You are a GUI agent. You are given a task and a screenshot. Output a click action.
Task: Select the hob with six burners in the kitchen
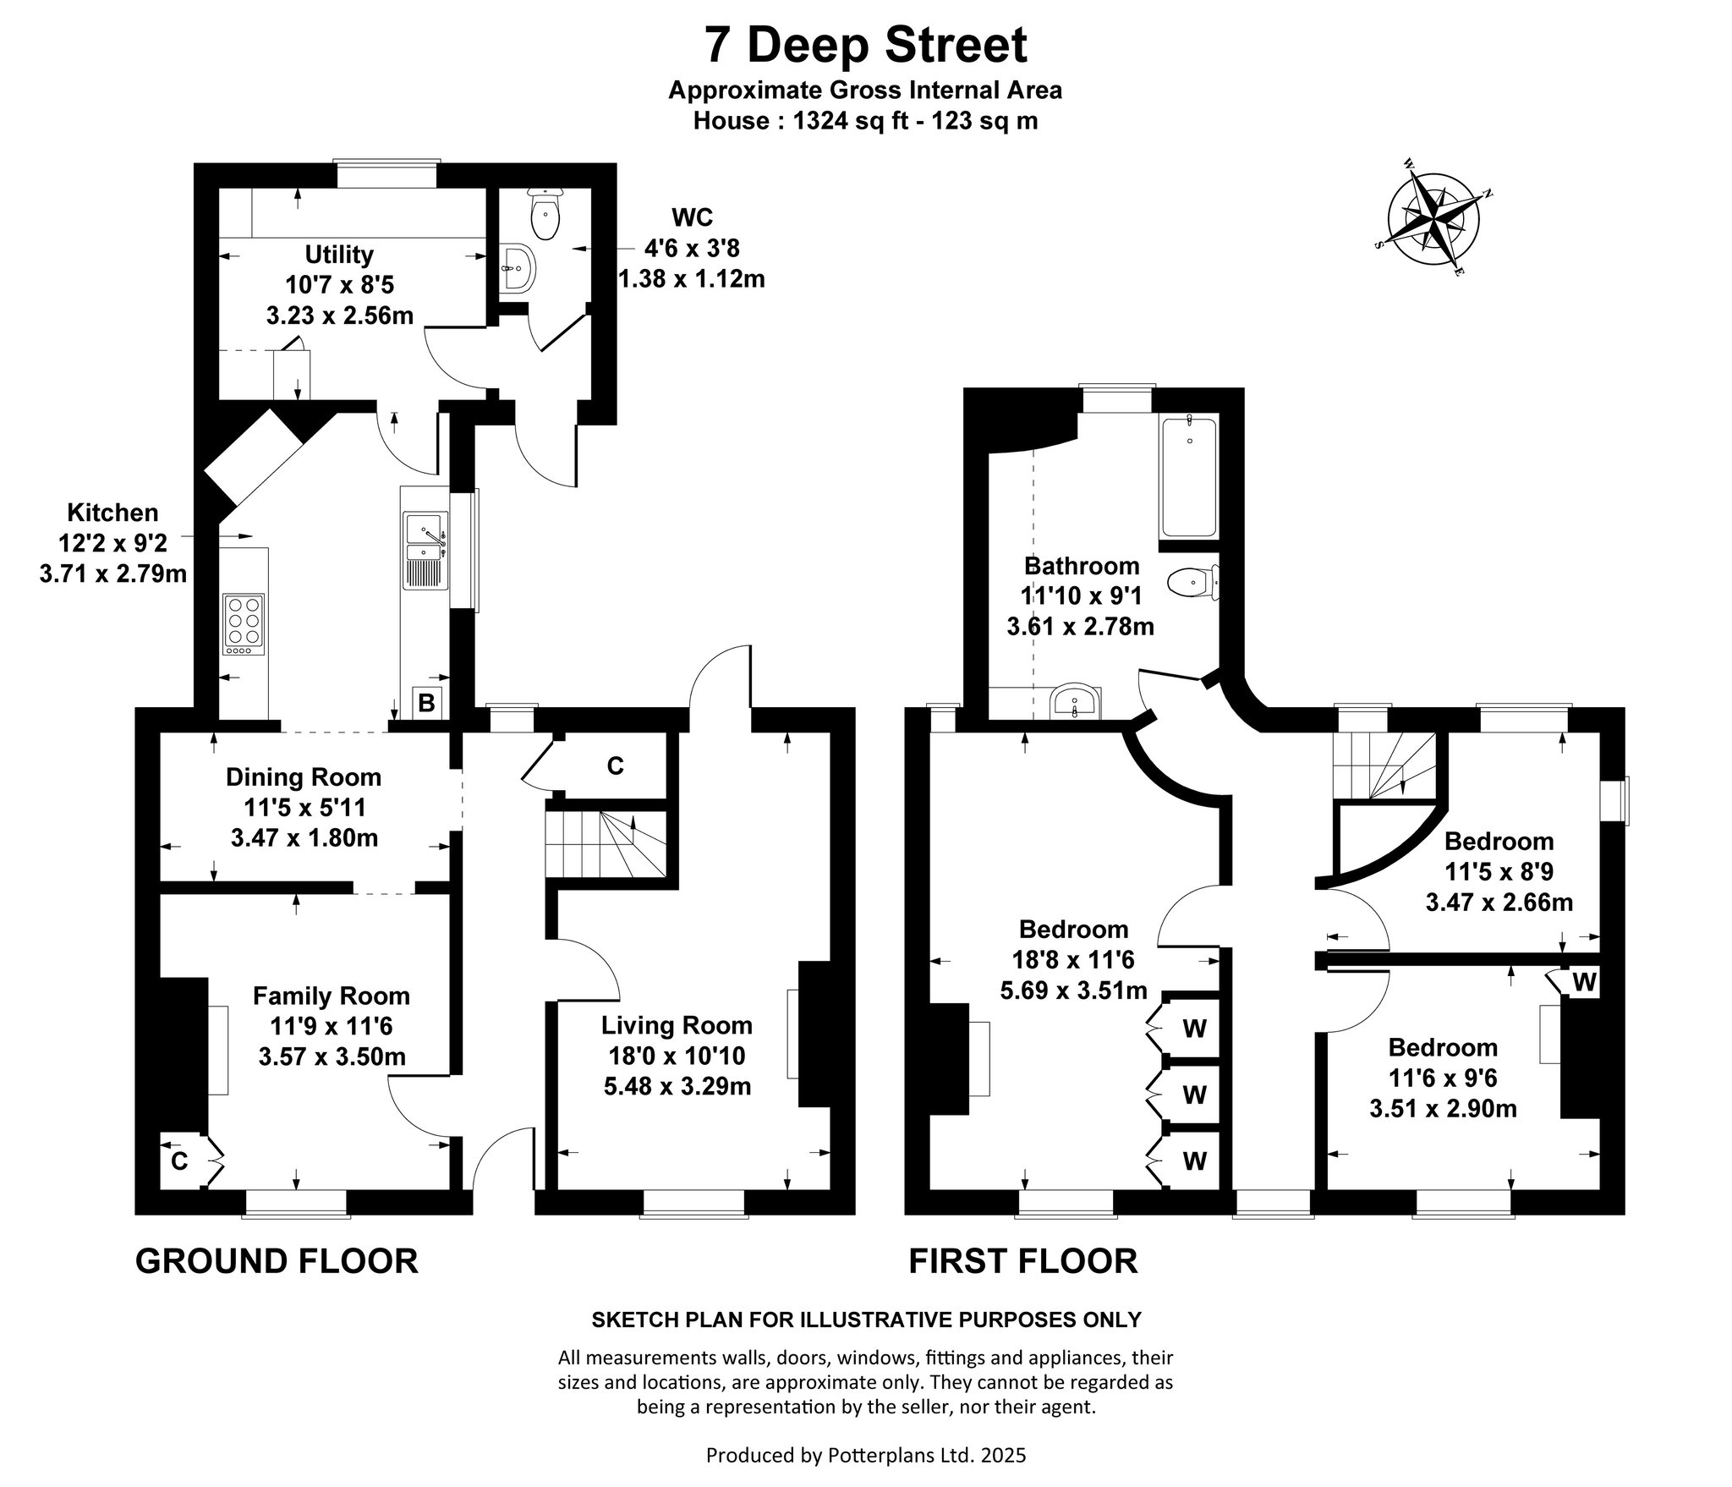tap(244, 624)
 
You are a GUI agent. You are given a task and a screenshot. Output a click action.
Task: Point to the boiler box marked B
tap(427, 702)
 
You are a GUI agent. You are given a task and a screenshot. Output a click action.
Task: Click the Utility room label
tap(339, 254)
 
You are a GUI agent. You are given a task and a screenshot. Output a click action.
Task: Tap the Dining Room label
tap(304, 776)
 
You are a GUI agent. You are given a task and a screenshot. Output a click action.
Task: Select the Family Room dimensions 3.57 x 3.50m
tap(332, 1056)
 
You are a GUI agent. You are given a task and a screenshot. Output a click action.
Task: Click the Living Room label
tap(677, 1025)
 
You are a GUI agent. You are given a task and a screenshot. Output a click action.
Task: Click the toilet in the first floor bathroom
tap(1193, 582)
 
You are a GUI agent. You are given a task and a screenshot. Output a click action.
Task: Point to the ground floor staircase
tap(605, 846)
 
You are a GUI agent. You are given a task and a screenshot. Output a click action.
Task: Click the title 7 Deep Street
tap(866, 45)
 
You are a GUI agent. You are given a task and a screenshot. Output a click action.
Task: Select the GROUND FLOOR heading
tap(277, 1261)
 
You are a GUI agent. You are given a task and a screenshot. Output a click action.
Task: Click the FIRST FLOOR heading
tap(1023, 1261)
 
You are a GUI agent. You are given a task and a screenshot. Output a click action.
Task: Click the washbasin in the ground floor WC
tap(515, 269)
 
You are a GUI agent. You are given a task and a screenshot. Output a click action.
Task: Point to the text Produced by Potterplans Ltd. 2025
tap(866, 1455)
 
